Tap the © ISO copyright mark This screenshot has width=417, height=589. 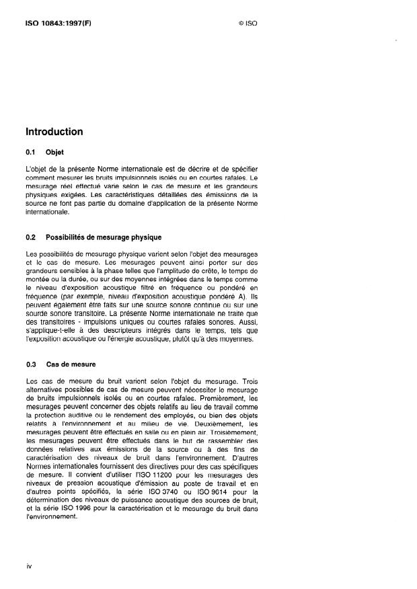[x=248, y=22]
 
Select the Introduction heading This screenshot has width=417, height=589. [x=54, y=132]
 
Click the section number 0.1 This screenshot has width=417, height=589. [x=31, y=152]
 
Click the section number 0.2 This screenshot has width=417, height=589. [x=31, y=238]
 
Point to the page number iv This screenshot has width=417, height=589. [x=29, y=565]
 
